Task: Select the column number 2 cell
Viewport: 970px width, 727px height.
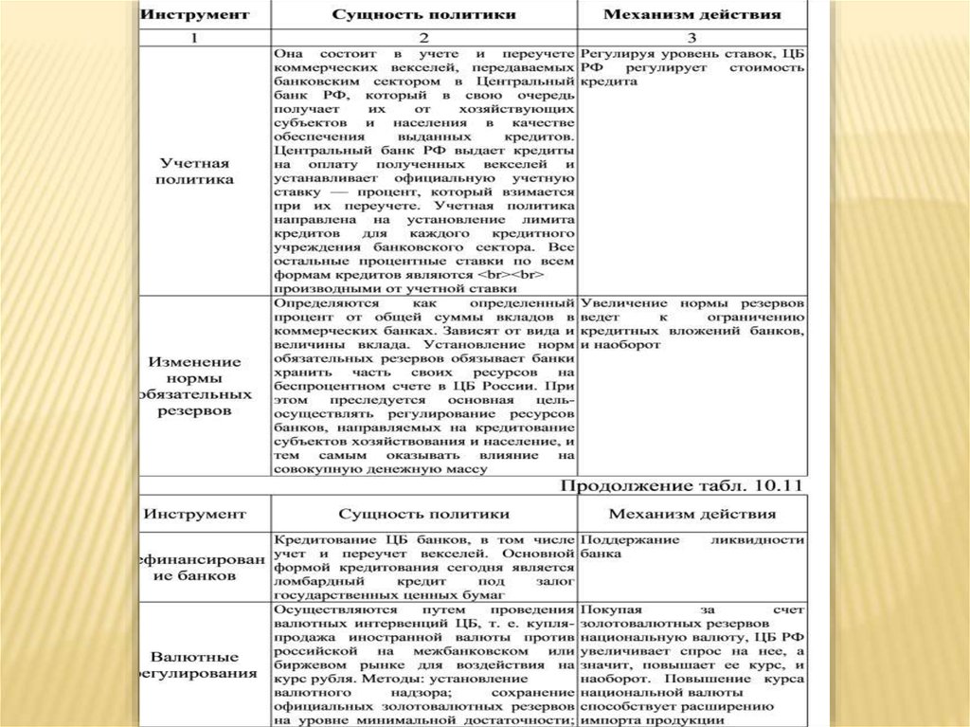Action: click(424, 38)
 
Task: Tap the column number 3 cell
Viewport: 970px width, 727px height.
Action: click(692, 38)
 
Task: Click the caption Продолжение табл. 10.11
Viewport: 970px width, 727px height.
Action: click(682, 485)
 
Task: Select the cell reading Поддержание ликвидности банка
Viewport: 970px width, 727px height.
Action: click(692, 546)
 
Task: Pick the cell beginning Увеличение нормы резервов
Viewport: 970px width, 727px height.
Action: click(692, 323)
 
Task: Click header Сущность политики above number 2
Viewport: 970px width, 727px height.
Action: click(424, 15)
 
